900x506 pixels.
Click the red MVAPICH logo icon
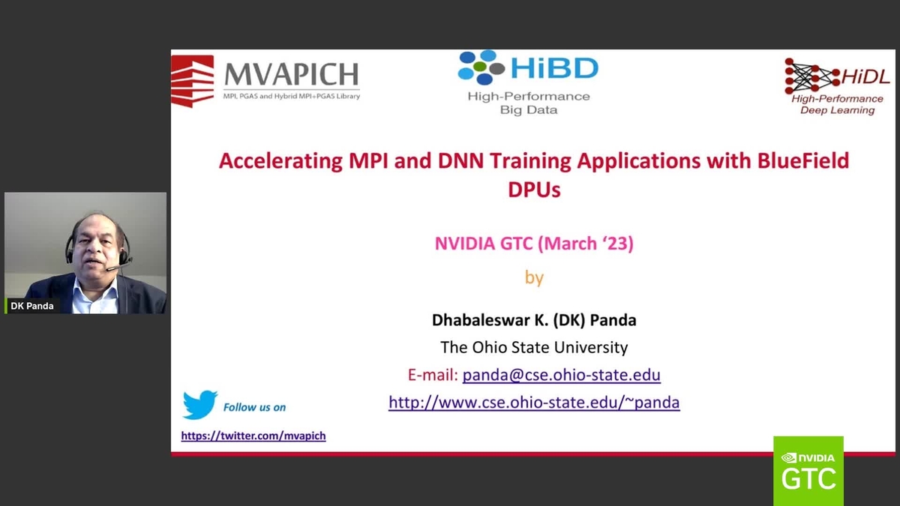click(x=192, y=81)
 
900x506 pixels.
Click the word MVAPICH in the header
click(x=291, y=75)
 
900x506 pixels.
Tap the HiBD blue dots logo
click(x=481, y=67)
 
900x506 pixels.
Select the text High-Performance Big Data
click(x=529, y=103)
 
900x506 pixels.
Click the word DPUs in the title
click(x=534, y=190)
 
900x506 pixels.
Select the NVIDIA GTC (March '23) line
click(x=534, y=244)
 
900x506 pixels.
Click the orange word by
click(x=534, y=277)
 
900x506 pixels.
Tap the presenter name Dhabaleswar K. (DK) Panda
click(x=534, y=320)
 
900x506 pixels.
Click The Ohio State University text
click(x=534, y=347)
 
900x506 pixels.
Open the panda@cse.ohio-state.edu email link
click(x=561, y=375)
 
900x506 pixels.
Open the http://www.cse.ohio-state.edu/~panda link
click(x=534, y=403)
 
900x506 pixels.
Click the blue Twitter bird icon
click(x=199, y=405)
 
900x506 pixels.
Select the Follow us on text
click(x=254, y=407)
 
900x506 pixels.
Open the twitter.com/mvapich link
click(x=253, y=436)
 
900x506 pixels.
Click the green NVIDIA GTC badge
click(x=808, y=470)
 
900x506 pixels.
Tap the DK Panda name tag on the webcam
click(x=32, y=306)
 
